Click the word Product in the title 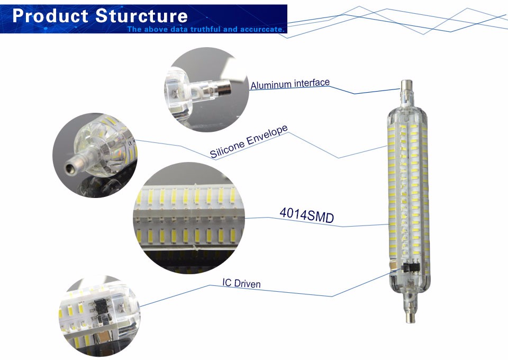click(50, 16)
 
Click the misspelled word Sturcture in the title click(142, 16)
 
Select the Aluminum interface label click(290, 84)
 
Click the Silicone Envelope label click(249, 141)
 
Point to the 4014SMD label click(306, 215)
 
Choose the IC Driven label click(241, 283)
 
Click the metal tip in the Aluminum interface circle click(224, 87)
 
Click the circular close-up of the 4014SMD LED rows click(189, 218)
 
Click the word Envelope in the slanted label click(267, 136)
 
